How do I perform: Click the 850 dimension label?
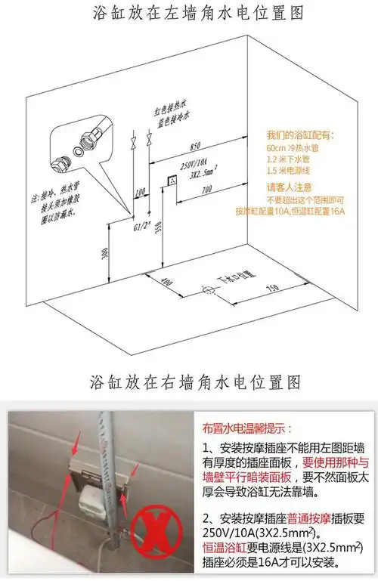(196, 144)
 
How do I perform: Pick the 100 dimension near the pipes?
(138, 193)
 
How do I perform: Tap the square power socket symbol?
(172, 181)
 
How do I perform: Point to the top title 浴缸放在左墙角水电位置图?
(188, 13)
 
